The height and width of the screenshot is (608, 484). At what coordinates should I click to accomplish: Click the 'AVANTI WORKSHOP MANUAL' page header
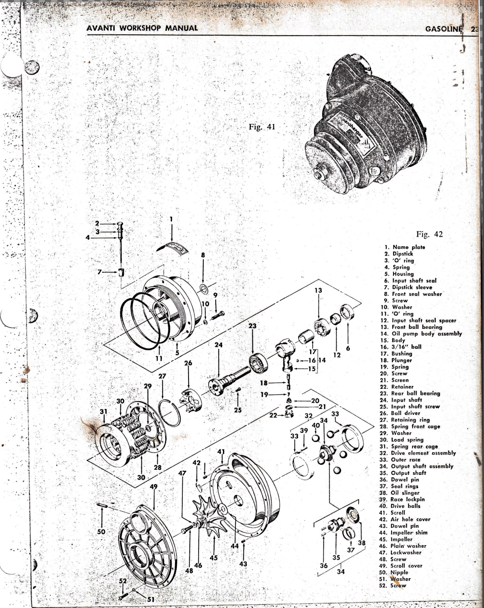(142, 28)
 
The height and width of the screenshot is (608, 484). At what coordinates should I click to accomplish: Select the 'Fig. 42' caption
(429, 234)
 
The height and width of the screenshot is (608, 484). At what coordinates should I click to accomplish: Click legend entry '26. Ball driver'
(401, 413)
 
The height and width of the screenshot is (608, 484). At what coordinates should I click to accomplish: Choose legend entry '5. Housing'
(399, 274)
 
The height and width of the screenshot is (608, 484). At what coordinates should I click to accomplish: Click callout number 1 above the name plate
(171, 219)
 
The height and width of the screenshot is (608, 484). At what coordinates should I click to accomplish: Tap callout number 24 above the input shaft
(219, 344)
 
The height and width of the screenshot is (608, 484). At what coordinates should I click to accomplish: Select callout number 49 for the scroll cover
(154, 486)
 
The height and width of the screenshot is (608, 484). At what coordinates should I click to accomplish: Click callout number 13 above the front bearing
(318, 290)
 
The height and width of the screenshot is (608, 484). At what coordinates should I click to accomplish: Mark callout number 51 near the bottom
(151, 600)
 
